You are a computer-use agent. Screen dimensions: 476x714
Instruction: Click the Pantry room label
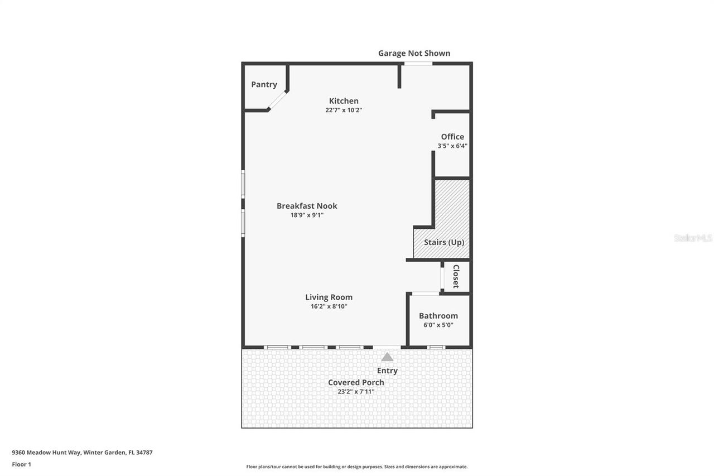tap(264, 85)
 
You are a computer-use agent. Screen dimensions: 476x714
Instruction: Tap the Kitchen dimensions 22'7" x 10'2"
tap(344, 110)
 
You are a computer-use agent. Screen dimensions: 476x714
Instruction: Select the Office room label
tap(452, 137)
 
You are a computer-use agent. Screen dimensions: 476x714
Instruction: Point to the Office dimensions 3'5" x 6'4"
tap(452, 146)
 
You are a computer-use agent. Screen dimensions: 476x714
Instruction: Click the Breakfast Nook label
tap(307, 206)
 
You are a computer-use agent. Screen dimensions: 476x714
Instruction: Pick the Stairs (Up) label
tap(443, 242)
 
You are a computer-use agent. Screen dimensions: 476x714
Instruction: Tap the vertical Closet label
tap(456, 276)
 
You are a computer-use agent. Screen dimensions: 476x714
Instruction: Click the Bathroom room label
tap(438, 316)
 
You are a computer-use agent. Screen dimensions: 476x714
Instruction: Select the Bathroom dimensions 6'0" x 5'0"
tap(438, 325)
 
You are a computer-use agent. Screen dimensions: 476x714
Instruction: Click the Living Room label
tap(329, 297)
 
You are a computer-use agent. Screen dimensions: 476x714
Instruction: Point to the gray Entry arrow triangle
tap(387, 357)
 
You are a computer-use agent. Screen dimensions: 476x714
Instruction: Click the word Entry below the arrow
tap(387, 371)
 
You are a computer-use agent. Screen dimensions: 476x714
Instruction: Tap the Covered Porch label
tap(356, 382)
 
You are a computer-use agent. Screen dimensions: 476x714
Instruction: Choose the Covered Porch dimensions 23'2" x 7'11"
tap(356, 392)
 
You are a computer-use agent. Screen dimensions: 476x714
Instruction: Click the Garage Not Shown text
tap(414, 54)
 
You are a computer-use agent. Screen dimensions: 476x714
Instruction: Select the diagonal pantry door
tap(277, 100)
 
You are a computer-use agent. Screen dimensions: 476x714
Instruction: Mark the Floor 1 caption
tap(22, 464)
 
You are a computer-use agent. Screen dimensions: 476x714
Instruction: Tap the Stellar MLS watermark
tap(693, 238)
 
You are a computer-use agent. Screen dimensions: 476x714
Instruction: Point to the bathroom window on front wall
tap(436, 347)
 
